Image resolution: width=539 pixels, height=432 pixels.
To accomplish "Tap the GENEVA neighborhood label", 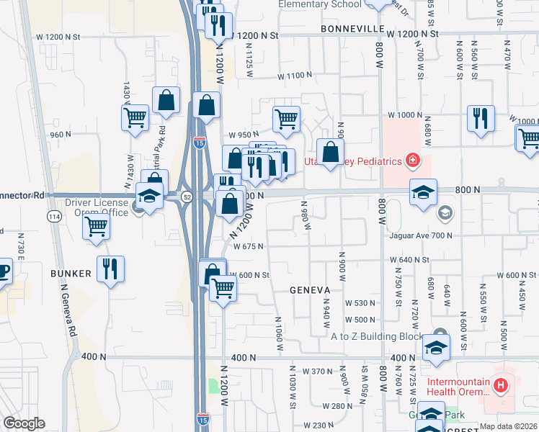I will pyautogui.click(x=309, y=290).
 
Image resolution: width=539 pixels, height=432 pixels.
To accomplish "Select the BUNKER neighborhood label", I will pyautogui.click(x=71, y=274).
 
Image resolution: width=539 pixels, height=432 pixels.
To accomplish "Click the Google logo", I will pyautogui.click(x=24, y=423).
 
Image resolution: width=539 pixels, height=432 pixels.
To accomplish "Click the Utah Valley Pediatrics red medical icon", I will pyautogui.click(x=413, y=159).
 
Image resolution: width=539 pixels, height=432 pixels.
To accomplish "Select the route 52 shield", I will pyautogui.click(x=187, y=196).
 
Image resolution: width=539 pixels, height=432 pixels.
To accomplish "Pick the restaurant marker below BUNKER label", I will pyautogui.click(x=110, y=269).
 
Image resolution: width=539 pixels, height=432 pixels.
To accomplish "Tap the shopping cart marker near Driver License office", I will pyautogui.click(x=96, y=226).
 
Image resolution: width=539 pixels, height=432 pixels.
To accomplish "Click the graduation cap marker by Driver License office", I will pyautogui.click(x=149, y=197).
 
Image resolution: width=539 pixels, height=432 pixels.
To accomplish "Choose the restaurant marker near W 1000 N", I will pyautogui.click(x=481, y=119).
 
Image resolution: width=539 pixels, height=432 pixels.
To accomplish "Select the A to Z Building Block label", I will pyautogui.click(x=378, y=336).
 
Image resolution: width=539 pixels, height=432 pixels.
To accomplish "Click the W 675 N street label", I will pyautogui.click(x=247, y=246).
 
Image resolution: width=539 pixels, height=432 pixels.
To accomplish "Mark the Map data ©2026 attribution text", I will pyautogui.click(x=509, y=426).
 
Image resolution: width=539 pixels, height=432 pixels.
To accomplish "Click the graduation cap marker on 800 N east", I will pyautogui.click(x=423, y=192).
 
